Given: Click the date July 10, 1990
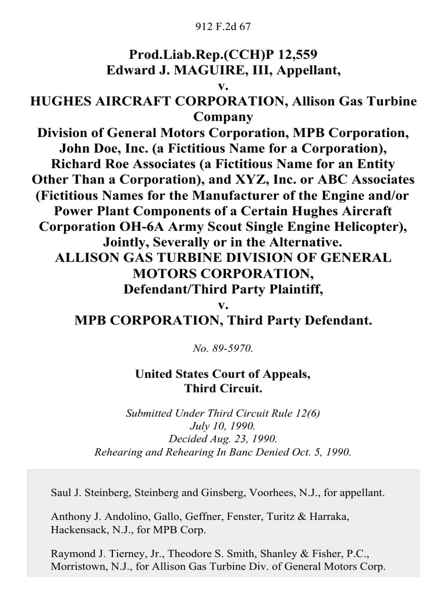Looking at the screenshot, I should click(x=223, y=424).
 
